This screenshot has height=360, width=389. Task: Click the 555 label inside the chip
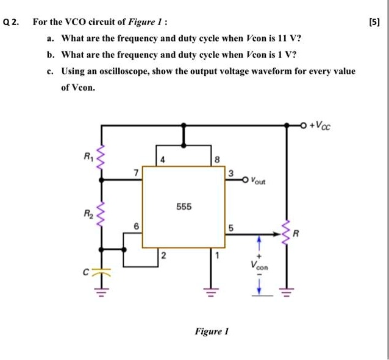point(184,206)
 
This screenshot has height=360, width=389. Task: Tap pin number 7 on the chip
point(136,174)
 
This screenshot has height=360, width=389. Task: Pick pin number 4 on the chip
point(163,160)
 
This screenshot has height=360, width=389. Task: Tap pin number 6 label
point(136,226)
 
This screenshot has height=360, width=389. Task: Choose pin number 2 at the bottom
point(163,255)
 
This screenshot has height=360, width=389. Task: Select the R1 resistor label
point(89,155)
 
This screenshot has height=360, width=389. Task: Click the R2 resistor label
point(89,214)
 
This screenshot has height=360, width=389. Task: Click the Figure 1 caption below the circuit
point(211,332)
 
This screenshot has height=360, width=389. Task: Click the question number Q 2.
point(12,23)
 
